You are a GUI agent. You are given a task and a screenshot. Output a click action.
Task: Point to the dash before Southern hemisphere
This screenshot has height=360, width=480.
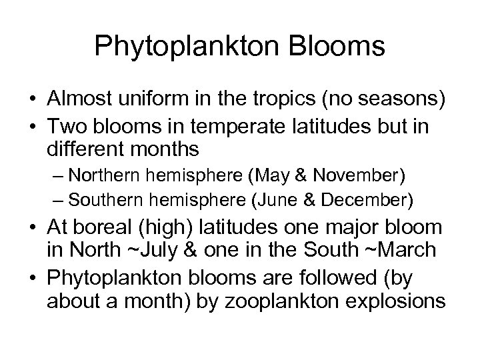tap(58, 199)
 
